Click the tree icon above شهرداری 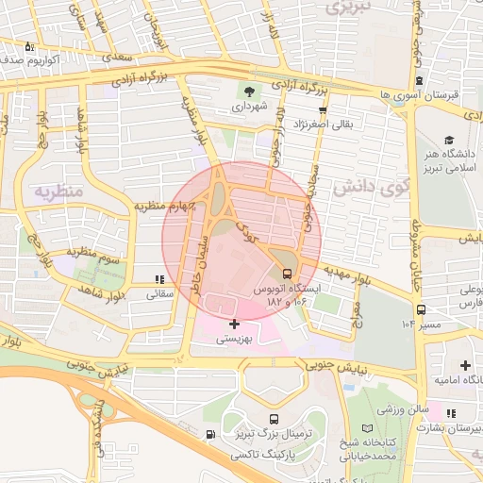tap(249, 92)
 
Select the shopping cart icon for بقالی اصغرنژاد tap(324, 110)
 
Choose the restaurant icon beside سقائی tap(159, 279)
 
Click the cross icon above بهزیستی tap(234, 324)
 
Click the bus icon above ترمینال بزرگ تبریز tap(274, 419)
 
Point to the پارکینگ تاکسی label tap(274, 454)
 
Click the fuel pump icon tap(208, 435)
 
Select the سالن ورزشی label tap(403, 412)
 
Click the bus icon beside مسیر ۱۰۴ tap(419, 308)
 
